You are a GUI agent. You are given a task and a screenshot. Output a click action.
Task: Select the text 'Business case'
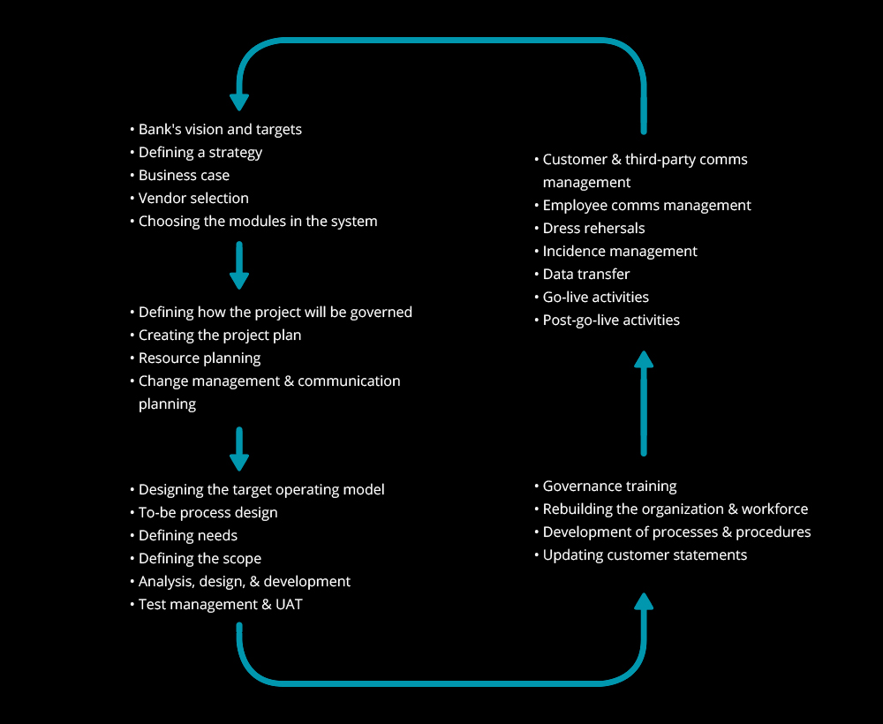click(184, 175)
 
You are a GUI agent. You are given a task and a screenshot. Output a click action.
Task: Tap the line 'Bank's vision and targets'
click(220, 130)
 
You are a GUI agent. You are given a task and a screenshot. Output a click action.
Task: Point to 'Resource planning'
click(200, 358)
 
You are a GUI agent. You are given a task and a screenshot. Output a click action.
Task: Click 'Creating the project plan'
click(220, 335)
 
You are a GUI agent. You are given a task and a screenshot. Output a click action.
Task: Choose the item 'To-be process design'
click(208, 513)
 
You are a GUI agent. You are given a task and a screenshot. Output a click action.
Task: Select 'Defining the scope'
click(200, 559)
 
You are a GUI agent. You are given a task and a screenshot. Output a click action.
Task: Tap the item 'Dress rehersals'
click(593, 228)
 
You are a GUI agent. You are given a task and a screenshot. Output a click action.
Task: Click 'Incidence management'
click(620, 251)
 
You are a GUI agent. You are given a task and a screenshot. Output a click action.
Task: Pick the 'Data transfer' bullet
click(585, 275)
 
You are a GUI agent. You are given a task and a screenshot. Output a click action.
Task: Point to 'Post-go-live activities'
click(611, 321)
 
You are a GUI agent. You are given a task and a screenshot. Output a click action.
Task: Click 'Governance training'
click(609, 486)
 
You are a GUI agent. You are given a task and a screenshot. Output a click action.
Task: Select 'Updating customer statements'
click(645, 555)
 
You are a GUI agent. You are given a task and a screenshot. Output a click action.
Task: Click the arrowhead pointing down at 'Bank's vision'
click(239, 102)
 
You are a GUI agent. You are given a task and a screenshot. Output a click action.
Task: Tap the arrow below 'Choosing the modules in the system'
click(239, 265)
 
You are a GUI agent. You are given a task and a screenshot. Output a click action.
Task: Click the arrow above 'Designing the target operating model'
click(239, 449)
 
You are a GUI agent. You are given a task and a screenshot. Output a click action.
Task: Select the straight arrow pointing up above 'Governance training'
click(644, 403)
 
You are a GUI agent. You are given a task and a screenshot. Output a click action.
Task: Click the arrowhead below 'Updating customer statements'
click(644, 601)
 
